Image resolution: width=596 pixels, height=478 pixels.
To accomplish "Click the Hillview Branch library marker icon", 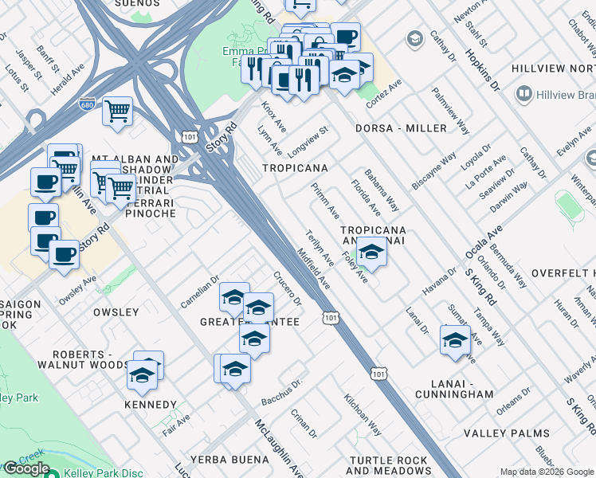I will [x=524, y=95].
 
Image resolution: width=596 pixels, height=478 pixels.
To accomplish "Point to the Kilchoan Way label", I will [x=363, y=415].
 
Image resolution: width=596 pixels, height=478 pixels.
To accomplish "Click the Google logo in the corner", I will [x=25, y=468].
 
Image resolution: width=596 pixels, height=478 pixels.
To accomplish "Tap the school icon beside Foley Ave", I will [x=371, y=253].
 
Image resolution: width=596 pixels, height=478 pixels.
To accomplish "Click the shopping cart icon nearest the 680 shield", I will [x=117, y=112].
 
